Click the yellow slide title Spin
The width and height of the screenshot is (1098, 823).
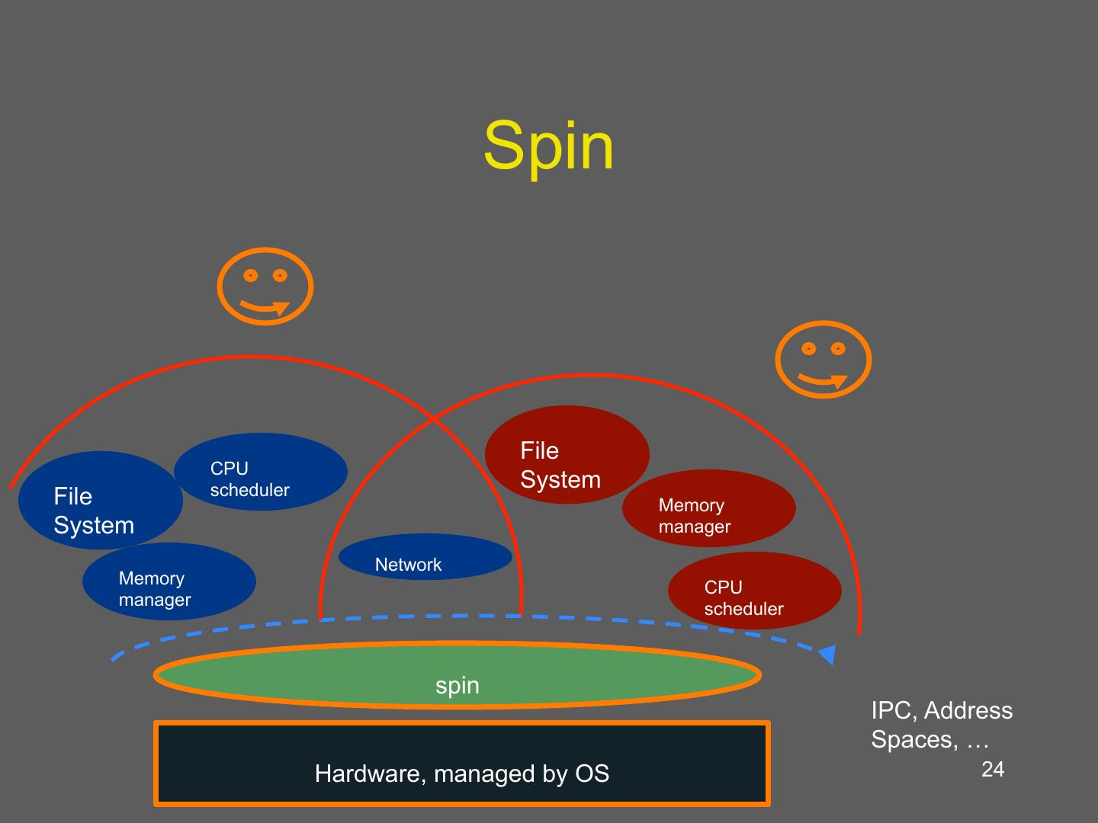click(548, 149)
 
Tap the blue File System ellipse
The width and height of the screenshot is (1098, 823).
click(101, 500)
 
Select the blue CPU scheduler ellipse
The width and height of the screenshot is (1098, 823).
click(261, 471)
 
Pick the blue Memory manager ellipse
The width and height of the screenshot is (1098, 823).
click(169, 581)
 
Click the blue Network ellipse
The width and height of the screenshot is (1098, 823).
click(425, 556)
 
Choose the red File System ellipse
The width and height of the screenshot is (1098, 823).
click(567, 454)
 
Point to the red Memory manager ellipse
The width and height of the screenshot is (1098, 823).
click(709, 508)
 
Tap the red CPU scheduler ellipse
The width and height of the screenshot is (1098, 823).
click(755, 590)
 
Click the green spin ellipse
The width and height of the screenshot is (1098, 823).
click(457, 675)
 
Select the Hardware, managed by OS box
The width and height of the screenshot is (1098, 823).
click(462, 764)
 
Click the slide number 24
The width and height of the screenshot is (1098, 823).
click(993, 769)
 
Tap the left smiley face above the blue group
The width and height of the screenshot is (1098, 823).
click(265, 287)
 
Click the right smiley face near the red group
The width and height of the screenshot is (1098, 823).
click(823, 359)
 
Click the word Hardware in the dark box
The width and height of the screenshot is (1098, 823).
click(370, 773)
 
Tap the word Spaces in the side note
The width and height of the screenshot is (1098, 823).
click(915, 739)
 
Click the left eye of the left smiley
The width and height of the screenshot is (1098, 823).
click(250, 275)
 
